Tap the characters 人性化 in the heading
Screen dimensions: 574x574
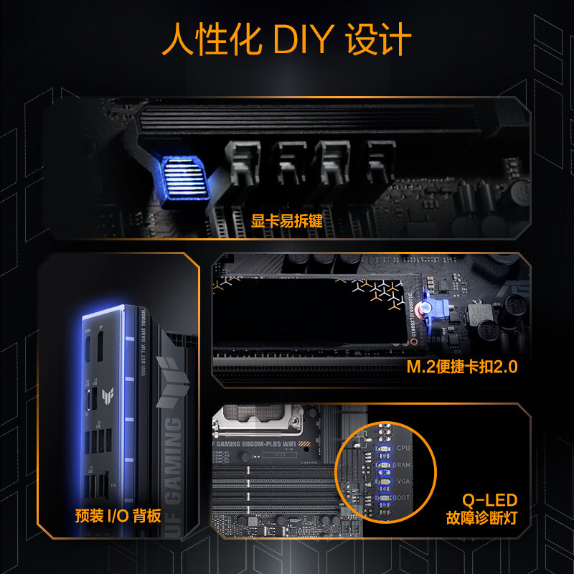coord(211,40)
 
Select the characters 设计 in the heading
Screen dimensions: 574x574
coord(378,40)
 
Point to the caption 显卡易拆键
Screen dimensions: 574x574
coord(287,221)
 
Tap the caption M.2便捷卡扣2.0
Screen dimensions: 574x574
coord(463,367)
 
